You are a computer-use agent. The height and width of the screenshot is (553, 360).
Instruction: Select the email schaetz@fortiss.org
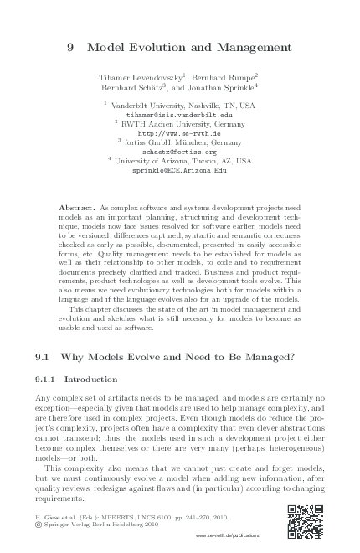(x=179, y=151)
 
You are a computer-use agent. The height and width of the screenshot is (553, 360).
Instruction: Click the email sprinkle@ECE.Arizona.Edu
(x=180, y=169)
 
